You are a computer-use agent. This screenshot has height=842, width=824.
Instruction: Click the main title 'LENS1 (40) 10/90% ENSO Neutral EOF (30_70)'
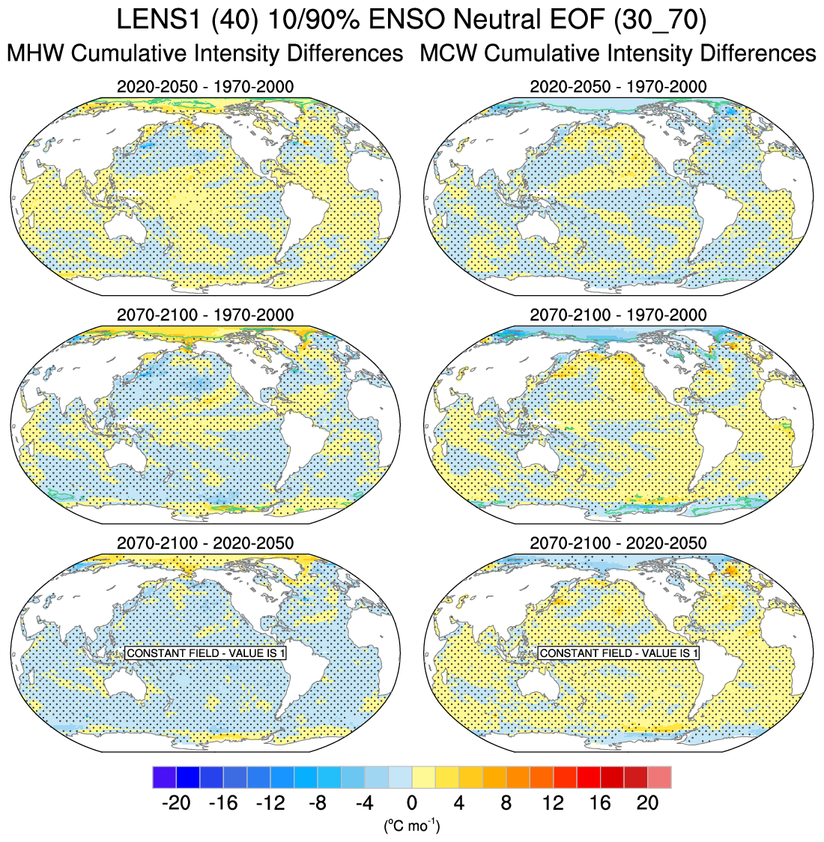coord(411,20)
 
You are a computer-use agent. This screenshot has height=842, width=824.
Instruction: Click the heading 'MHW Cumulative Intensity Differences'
coord(205,53)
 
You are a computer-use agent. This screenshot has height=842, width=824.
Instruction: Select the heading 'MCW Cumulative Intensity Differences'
coord(618,53)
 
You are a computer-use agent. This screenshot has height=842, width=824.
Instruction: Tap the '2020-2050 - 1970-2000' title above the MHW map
coord(205,87)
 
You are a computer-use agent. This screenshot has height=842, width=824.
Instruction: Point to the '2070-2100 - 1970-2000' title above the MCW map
coord(618,315)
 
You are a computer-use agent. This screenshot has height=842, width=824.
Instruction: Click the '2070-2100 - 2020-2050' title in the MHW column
coord(205,542)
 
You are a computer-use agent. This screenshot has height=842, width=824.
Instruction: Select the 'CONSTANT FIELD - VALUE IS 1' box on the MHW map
coord(206,653)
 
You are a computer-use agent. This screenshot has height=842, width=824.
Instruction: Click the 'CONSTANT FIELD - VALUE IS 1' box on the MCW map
coord(619,653)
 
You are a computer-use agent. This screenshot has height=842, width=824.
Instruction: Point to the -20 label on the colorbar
coord(175,803)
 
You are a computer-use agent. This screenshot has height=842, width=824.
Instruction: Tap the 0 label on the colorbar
coord(411,803)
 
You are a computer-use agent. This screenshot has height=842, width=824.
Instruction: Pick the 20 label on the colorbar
coord(647,803)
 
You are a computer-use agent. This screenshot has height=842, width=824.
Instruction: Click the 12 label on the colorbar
coord(553,803)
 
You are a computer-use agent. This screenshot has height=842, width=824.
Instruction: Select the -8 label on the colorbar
coord(317,803)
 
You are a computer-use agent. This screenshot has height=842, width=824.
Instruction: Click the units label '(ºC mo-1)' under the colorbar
coord(411,826)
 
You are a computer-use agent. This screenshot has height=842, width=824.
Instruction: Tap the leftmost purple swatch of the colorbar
coord(164,777)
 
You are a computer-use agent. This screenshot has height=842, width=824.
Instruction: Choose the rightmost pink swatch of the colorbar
coord(659,777)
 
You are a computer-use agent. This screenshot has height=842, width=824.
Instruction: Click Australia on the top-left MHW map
coord(125,224)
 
